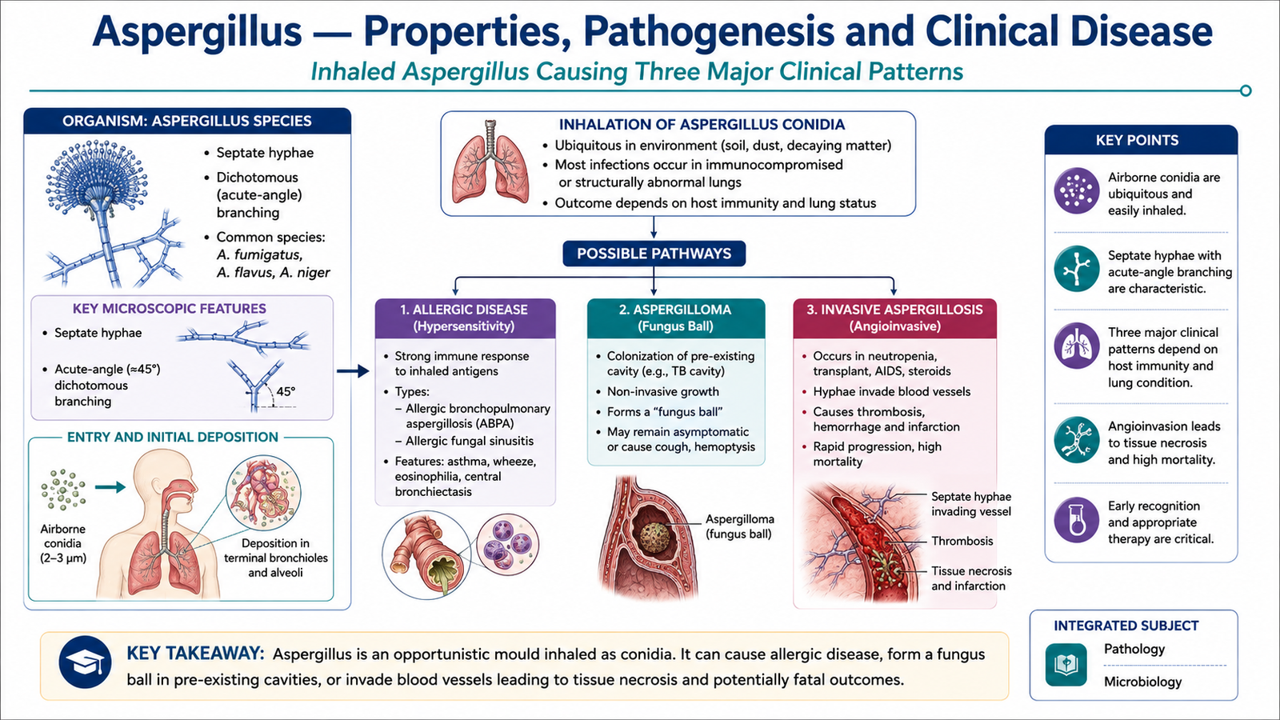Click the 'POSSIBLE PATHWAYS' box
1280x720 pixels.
[654, 253]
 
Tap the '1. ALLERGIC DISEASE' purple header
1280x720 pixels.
[465, 318]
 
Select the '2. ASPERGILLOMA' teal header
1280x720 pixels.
[675, 318]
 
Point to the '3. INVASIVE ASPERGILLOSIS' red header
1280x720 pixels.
[894, 318]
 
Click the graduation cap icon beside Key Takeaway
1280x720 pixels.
[85, 662]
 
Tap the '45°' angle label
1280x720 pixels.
[286, 392]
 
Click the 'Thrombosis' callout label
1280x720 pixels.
[962, 541]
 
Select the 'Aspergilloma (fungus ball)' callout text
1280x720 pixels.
[739, 526]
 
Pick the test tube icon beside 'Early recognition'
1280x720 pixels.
[1077, 519]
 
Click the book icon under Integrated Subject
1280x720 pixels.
[1066, 665]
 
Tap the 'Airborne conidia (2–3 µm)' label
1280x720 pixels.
[63, 543]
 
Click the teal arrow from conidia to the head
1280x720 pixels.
[110, 487]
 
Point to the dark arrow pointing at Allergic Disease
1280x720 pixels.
[353, 371]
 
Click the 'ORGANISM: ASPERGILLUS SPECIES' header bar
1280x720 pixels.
[187, 121]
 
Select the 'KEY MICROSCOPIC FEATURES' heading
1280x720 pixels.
[169, 309]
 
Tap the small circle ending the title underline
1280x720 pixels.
[1246, 90]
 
